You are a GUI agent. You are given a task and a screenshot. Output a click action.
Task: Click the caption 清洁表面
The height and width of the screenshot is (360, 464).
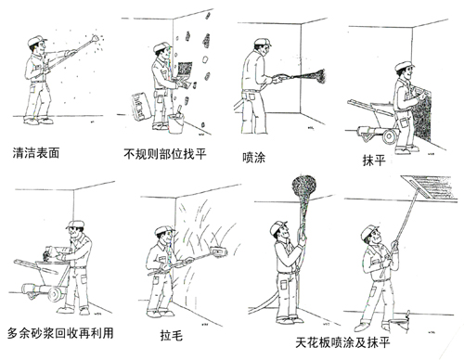(x=36, y=153)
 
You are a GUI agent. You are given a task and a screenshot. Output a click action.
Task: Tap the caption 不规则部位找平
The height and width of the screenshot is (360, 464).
(x=165, y=154)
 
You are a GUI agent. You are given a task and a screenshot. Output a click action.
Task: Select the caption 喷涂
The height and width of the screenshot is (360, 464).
(x=253, y=158)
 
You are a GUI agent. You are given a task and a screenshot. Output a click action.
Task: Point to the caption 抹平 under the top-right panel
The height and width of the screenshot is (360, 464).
(x=374, y=161)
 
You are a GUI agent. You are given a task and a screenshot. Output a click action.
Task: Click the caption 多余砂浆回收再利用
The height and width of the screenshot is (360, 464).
(x=60, y=333)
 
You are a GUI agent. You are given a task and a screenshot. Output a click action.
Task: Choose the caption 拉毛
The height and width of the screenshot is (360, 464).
(x=172, y=336)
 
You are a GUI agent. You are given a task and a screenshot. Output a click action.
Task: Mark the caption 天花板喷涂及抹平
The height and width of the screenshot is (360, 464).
(x=342, y=342)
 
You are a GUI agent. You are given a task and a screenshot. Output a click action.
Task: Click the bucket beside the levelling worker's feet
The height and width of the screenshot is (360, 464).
(x=175, y=123)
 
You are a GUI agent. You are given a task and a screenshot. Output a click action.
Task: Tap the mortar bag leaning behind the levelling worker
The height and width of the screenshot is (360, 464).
(x=141, y=106)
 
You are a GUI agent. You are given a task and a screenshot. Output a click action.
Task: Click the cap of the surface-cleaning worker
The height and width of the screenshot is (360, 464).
(x=36, y=40)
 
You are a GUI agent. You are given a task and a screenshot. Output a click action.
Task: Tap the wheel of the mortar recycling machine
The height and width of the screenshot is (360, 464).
(x=56, y=294)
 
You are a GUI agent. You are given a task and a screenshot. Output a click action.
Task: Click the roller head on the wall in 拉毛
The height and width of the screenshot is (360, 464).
(x=219, y=251)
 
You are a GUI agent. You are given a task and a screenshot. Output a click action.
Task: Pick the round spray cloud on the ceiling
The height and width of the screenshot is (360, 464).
(x=304, y=187)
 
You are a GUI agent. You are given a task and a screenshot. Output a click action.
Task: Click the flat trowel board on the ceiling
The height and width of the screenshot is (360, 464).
(x=430, y=186)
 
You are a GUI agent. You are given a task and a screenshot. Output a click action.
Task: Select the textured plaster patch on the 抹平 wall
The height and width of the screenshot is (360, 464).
(x=422, y=115)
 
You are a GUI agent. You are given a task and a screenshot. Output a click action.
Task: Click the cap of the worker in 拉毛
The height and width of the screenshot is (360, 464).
(x=164, y=230)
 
